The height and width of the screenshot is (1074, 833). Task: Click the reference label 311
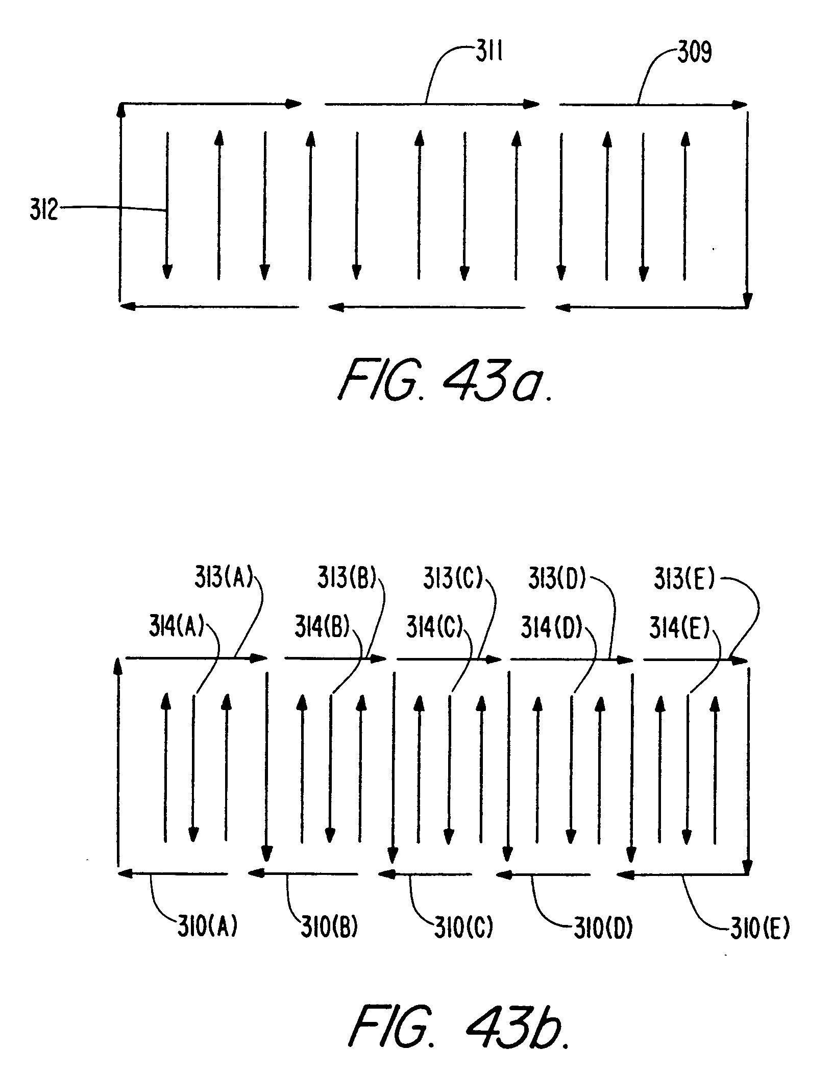[x=489, y=53]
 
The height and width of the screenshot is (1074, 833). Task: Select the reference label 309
[x=695, y=53]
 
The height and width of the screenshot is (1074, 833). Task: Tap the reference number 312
[x=44, y=210]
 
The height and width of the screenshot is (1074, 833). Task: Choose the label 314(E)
[x=679, y=628]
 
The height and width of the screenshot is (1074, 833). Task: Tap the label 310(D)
[x=603, y=929]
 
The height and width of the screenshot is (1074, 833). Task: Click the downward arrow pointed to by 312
[x=167, y=206]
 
